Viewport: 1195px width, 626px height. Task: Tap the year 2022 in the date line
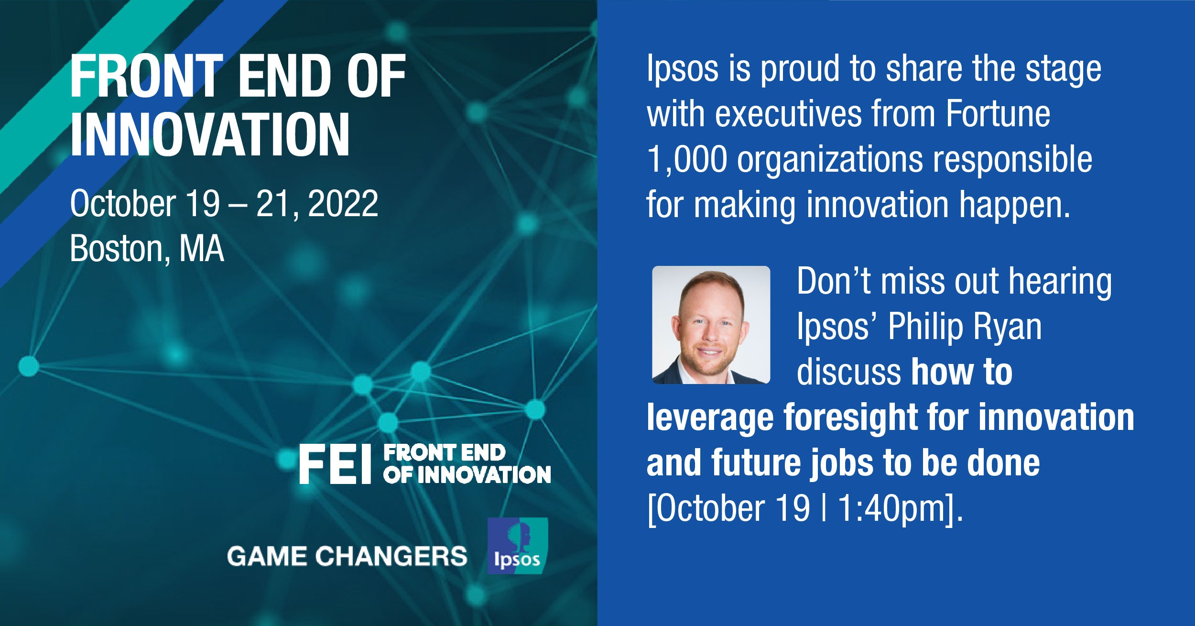click(343, 204)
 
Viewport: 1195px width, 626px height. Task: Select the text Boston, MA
click(147, 249)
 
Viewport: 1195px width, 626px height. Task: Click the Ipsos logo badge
click(518, 546)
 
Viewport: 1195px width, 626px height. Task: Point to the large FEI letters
click(335, 464)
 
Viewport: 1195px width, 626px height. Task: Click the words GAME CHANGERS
click(347, 556)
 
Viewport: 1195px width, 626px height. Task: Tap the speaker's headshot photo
click(711, 325)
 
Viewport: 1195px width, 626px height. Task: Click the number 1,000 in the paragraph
click(686, 160)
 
